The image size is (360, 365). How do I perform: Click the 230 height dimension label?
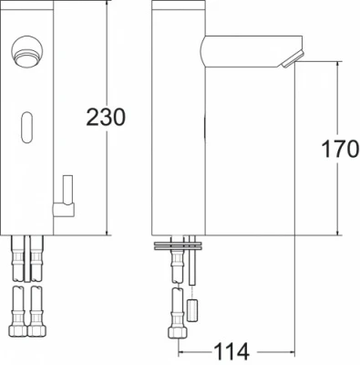tap(106, 117)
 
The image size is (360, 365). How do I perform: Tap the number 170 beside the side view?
tap(341, 149)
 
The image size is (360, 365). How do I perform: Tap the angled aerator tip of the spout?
tap(289, 58)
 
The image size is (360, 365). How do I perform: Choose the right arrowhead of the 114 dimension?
tap(290, 349)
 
